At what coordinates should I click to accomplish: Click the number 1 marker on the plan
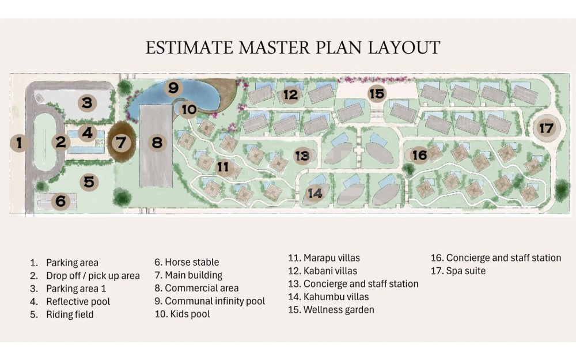(x=19, y=142)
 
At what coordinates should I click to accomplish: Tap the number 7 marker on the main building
(x=121, y=142)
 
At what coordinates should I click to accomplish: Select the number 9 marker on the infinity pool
(x=173, y=88)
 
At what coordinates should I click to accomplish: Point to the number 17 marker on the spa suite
(x=546, y=128)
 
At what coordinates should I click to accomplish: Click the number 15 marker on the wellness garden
(x=377, y=94)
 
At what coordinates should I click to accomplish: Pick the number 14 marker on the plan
(x=315, y=193)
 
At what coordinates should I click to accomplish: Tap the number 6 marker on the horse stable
(x=60, y=201)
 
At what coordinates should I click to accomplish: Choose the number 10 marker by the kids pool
(x=189, y=109)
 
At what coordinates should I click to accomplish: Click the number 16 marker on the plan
(x=419, y=155)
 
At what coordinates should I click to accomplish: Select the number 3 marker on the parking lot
(x=87, y=103)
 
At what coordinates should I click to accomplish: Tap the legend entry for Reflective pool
(x=70, y=302)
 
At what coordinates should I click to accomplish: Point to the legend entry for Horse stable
(x=187, y=262)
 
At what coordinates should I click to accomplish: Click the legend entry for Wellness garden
(x=331, y=310)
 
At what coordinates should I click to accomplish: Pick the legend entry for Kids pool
(x=182, y=314)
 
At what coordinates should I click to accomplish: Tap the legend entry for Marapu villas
(x=324, y=258)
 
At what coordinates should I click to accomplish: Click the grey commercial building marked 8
(x=156, y=146)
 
